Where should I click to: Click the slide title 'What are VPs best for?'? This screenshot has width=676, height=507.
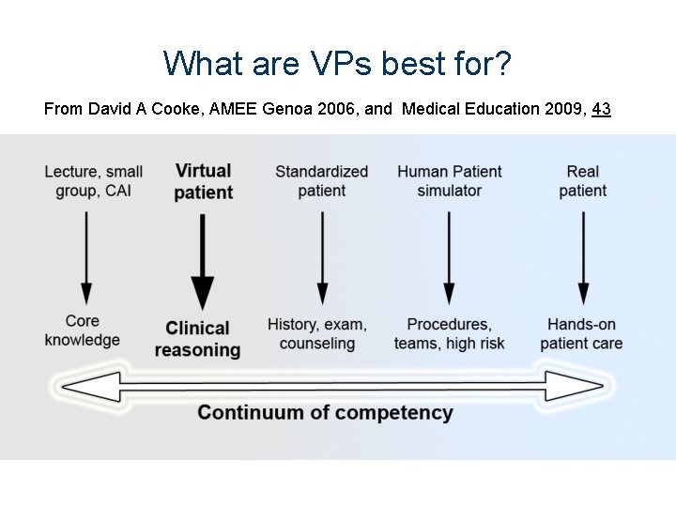pyautogui.click(x=337, y=64)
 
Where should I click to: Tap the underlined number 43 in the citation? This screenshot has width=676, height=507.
pyautogui.click(x=601, y=109)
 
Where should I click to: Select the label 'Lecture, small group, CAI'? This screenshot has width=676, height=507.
pyautogui.click(x=93, y=180)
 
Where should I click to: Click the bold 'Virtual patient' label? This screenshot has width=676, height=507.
pyautogui.click(x=203, y=181)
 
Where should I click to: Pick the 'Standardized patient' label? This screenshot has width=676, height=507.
pyautogui.click(x=321, y=180)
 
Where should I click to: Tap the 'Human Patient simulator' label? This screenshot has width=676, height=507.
pyautogui.click(x=449, y=180)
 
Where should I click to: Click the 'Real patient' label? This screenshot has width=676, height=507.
pyautogui.click(x=582, y=180)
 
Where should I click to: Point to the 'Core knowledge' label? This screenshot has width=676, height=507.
pyautogui.click(x=83, y=330)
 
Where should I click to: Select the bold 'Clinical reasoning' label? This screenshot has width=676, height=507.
pyautogui.click(x=197, y=339)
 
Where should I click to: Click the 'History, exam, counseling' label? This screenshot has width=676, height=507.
pyautogui.click(x=317, y=333)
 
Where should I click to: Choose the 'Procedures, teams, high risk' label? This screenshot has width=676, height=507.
pyautogui.click(x=449, y=333)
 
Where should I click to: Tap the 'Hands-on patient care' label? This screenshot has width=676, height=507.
pyautogui.click(x=581, y=333)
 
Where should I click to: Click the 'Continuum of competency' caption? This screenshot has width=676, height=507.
pyautogui.click(x=325, y=413)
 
